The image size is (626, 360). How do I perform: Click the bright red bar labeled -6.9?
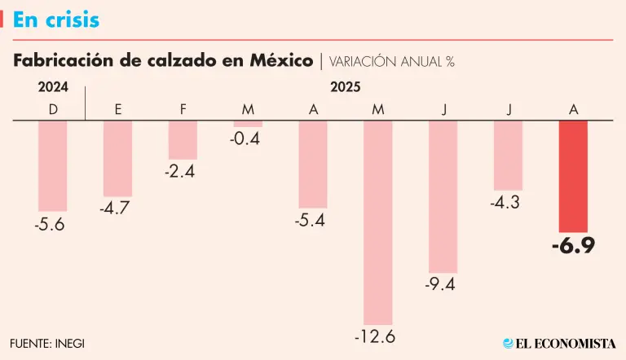click(573, 177)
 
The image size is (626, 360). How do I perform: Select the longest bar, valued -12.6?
click(377, 222)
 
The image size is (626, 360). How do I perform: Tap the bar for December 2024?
click(53, 166)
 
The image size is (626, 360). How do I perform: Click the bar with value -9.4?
click(443, 196)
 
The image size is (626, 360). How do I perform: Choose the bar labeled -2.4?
click(183, 140)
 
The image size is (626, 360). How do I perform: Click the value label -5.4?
click(312, 219)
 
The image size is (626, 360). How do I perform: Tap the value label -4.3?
click(507, 202)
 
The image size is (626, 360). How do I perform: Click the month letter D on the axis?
click(53, 109)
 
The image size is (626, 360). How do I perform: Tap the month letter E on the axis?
click(118, 109)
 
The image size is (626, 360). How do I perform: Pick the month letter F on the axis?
click(183, 109)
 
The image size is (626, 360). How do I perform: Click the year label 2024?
click(53, 87)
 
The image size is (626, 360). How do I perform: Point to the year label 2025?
click(345, 87)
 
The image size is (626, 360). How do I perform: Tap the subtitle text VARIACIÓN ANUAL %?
click(391, 61)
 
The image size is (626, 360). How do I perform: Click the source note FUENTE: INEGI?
click(47, 343)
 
